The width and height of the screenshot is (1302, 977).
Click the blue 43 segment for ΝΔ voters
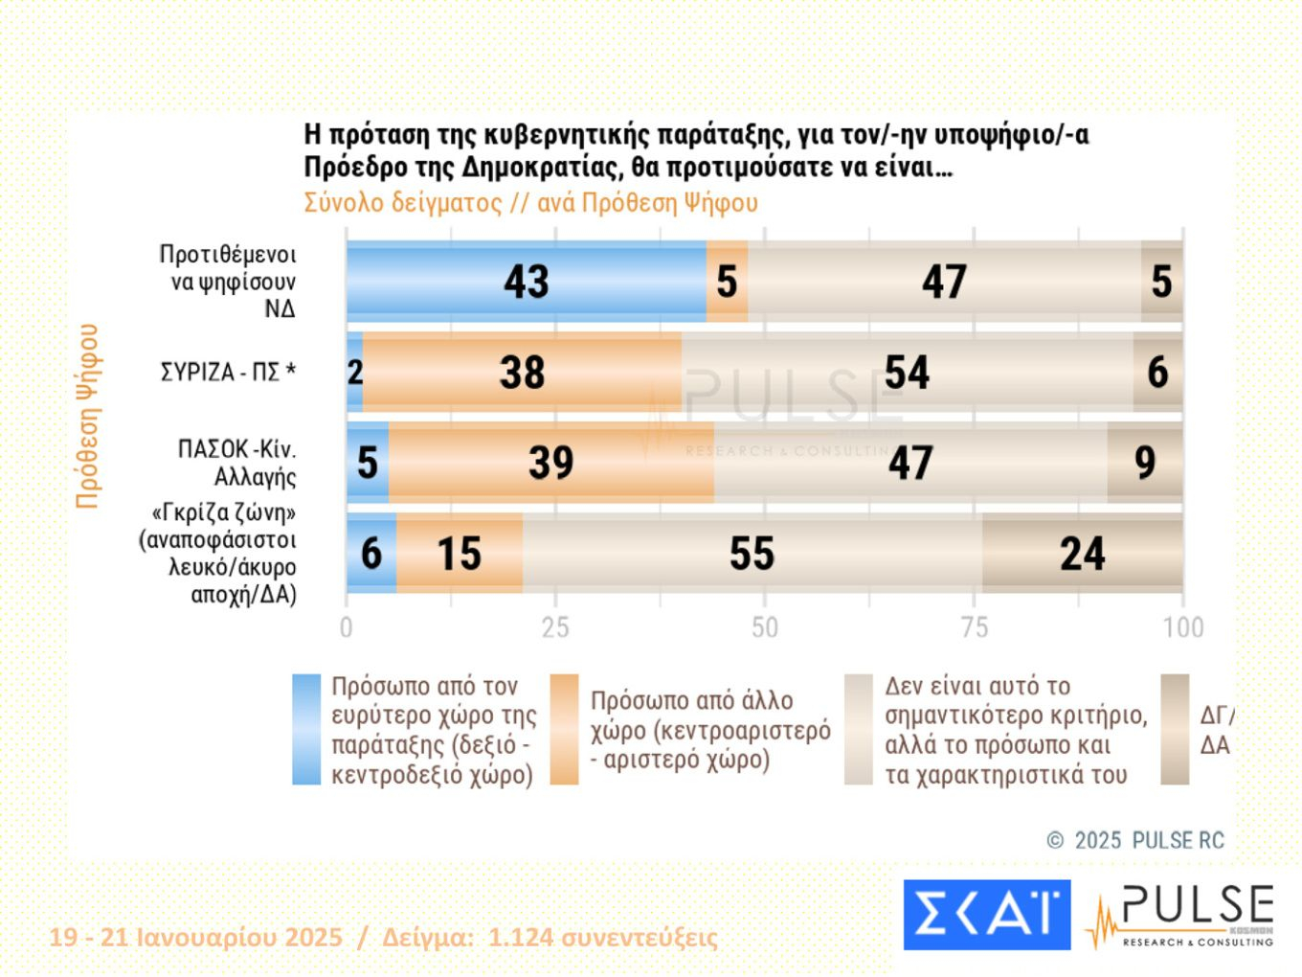526,282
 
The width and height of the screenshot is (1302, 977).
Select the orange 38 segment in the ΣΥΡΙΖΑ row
522,372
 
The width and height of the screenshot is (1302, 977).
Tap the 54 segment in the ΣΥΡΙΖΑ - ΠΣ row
907,372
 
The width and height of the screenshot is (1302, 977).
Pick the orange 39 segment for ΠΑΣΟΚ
550,463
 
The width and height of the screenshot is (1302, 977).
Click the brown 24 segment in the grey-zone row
1082,554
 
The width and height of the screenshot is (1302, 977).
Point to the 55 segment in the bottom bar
752,554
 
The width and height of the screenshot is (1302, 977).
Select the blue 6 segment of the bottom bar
370,554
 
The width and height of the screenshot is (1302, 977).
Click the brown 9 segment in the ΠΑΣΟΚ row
1145,463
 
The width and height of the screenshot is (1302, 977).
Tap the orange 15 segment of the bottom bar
460,554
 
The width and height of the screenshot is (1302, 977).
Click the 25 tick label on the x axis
555,627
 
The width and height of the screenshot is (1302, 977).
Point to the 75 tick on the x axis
974,627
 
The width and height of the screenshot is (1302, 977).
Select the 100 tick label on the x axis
1182,627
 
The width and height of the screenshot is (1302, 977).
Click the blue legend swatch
306,730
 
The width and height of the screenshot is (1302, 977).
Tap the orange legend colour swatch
565,730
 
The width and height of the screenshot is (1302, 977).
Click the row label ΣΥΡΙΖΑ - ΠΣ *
228,372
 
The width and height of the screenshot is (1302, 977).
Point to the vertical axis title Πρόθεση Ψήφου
88,416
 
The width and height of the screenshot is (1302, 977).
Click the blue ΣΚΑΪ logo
986,915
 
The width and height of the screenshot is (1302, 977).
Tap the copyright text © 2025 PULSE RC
1135,841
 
